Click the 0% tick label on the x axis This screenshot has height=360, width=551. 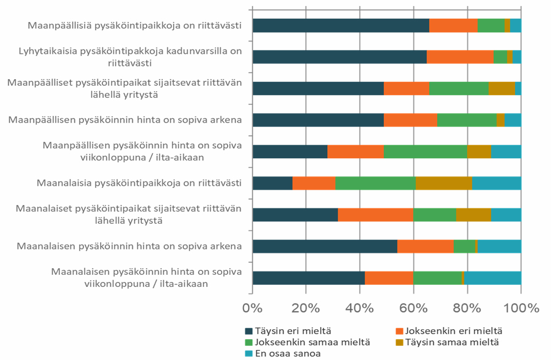[252, 308]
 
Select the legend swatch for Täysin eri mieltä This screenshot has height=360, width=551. [249, 331]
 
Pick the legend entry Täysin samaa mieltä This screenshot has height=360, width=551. [451, 342]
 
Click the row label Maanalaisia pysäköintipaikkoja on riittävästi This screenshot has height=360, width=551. [139, 182]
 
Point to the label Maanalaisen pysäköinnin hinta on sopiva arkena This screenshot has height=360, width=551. [130, 246]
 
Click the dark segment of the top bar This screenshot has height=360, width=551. [340, 25]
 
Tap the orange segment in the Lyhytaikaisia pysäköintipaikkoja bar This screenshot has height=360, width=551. [460, 57]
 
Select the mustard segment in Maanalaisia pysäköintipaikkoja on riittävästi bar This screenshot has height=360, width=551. [444, 183]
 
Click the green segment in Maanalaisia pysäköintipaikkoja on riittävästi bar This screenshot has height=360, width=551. [376, 183]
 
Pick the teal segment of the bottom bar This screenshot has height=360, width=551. [492, 278]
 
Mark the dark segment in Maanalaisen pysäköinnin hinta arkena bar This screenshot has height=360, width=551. [324, 246]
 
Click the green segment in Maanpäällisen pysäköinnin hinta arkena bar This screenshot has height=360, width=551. [467, 120]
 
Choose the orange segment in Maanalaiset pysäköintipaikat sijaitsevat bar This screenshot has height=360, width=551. [376, 214]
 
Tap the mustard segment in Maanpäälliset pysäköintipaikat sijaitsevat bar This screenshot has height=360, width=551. [502, 88]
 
